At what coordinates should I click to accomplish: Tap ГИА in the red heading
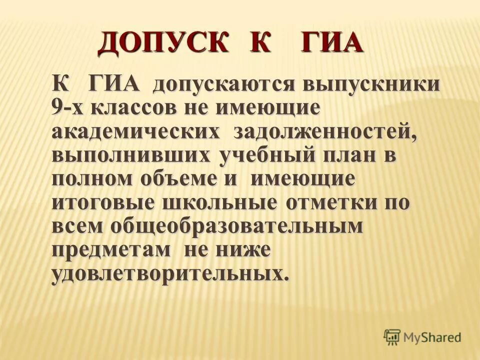[x=331, y=43]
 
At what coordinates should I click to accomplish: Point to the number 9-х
[x=68, y=107]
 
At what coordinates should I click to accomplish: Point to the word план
[x=349, y=155]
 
